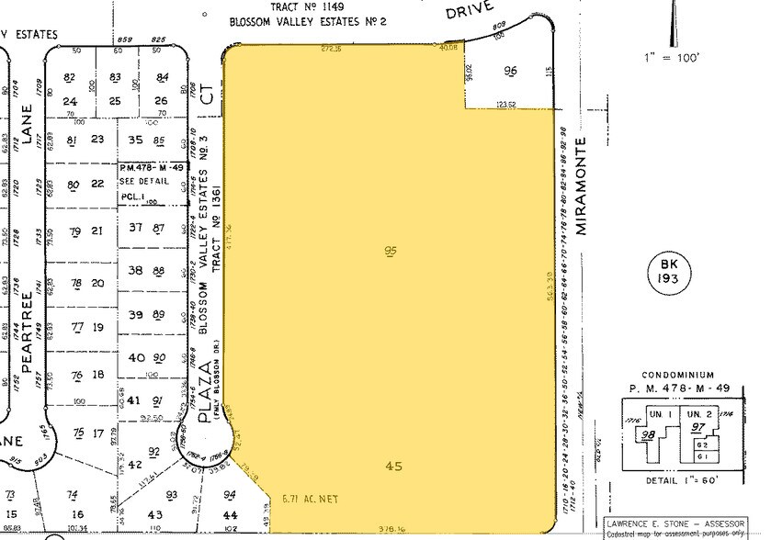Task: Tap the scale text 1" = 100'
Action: [673, 58]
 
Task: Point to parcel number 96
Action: [511, 71]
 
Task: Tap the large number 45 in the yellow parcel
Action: [395, 467]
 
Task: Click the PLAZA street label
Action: [206, 392]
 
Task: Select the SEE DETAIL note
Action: [139, 182]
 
